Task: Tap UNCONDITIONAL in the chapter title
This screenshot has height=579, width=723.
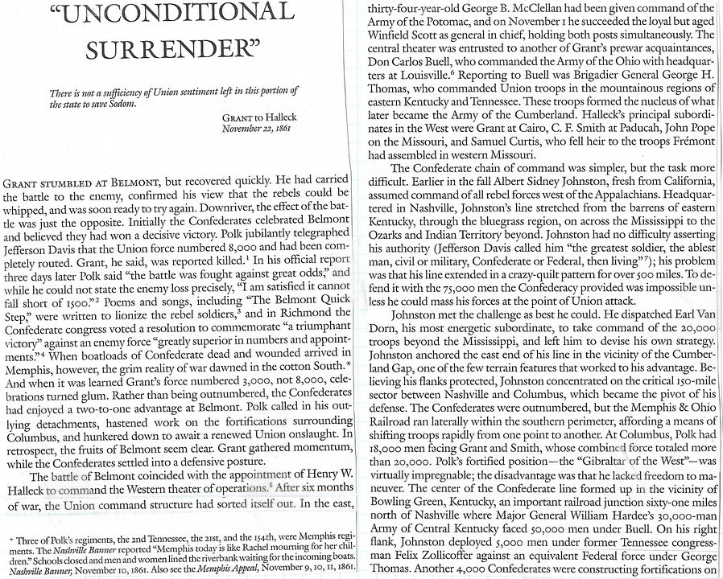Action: click(x=171, y=13)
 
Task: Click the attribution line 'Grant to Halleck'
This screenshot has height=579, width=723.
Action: click(x=255, y=117)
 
